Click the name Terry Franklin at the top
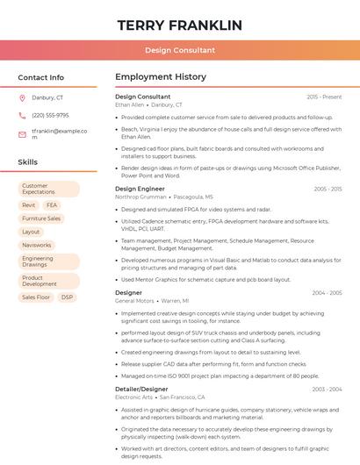(x=179, y=25)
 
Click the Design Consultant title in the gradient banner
(x=179, y=51)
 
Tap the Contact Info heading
(x=40, y=77)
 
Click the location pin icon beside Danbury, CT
(x=22, y=97)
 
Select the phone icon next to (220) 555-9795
(x=22, y=115)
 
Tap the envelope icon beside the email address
(x=22, y=134)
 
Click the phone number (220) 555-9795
(x=50, y=115)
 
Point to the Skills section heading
(x=27, y=162)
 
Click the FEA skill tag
(x=52, y=205)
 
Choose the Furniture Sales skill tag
(x=41, y=218)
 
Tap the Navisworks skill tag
(x=37, y=245)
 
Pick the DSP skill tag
(x=67, y=297)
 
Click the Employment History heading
(x=161, y=77)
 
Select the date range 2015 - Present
(x=324, y=97)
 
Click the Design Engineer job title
(x=140, y=189)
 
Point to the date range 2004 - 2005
(x=327, y=293)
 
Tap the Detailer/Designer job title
(x=141, y=389)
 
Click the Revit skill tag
(x=29, y=205)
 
